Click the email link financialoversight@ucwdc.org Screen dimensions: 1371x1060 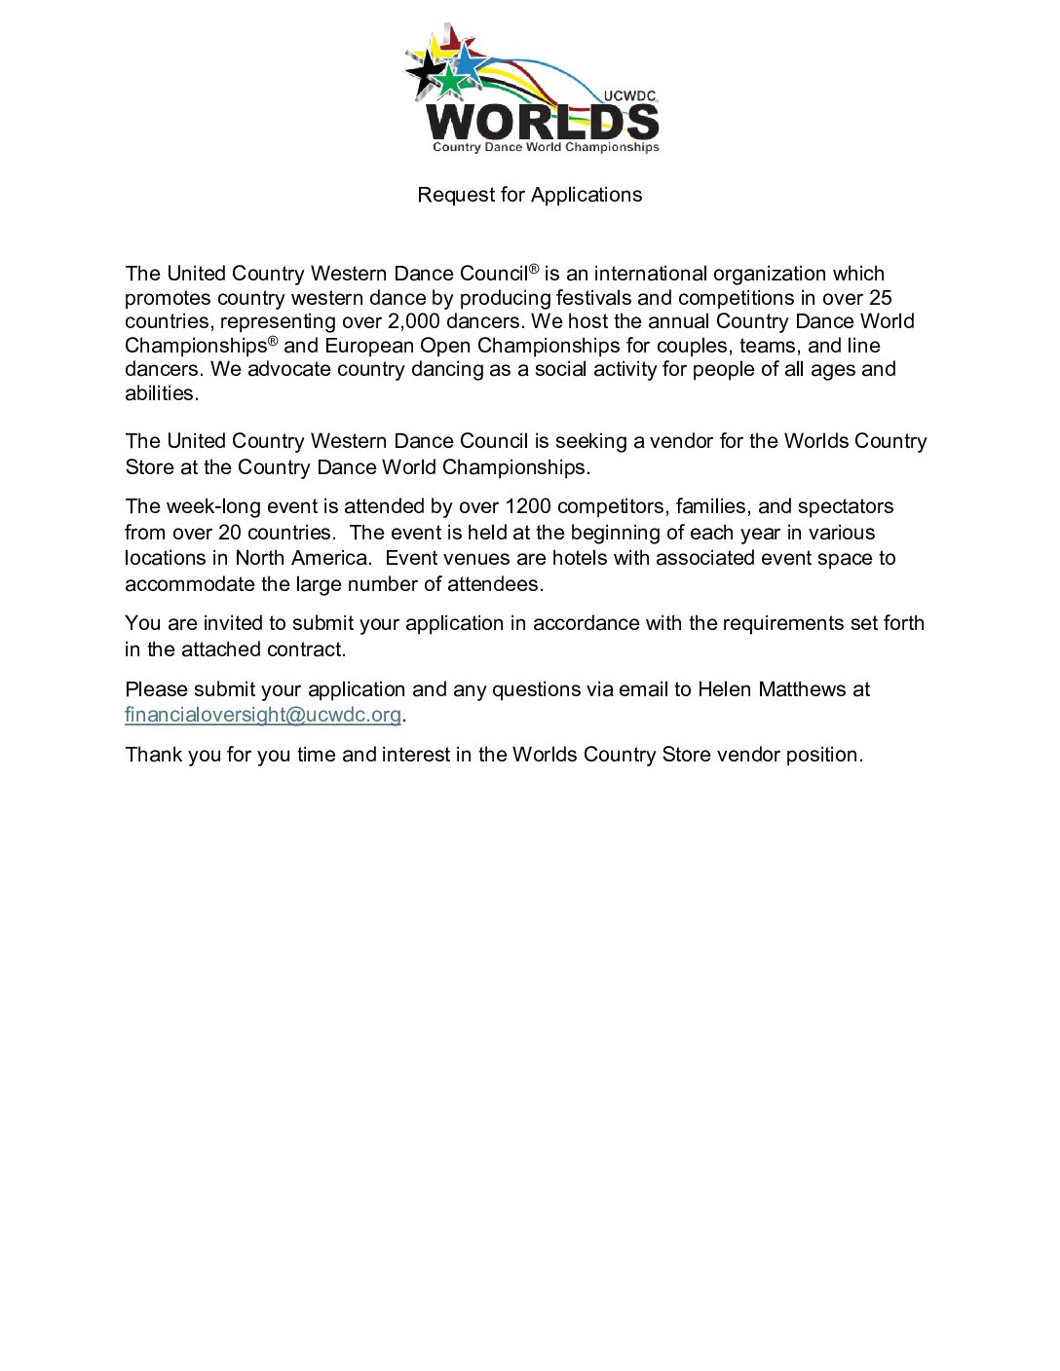[263, 715]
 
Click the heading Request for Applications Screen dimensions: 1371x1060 [529, 195]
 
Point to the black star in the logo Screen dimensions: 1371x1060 [424, 71]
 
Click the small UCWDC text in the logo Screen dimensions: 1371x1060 [629, 95]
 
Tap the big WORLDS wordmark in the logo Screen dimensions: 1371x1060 [543, 122]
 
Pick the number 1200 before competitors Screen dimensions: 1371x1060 [528, 506]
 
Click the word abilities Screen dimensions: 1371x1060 [161, 393]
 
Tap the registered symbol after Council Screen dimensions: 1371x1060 [534, 268]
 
